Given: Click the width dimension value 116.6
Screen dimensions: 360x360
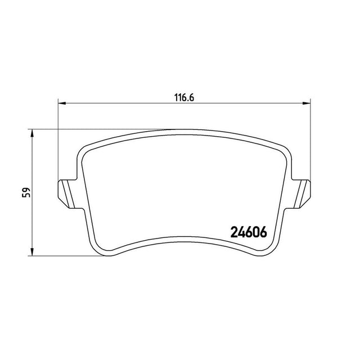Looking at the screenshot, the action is click(x=184, y=97).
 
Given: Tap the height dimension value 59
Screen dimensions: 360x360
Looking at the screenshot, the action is click(x=26, y=192).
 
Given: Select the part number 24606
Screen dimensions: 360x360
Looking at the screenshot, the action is click(x=249, y=232).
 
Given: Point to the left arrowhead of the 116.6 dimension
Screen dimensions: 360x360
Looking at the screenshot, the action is click(x=62, y=103).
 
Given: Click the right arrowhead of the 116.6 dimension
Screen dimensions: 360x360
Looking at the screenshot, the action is click(x=306, y=103).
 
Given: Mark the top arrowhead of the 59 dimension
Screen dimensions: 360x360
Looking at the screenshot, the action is click(x=32, y=133).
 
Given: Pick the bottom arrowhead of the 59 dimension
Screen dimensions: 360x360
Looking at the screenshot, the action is click(x=32, y=251).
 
